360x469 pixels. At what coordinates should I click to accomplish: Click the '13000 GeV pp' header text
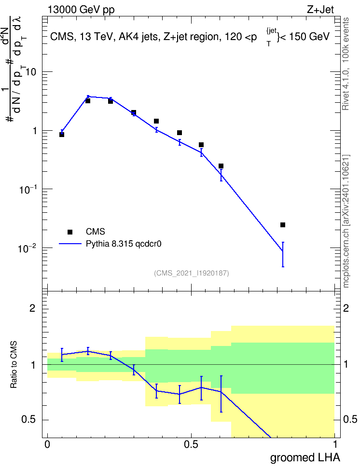tap(81, 10)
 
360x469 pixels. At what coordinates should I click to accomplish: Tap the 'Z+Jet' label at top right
tap(320, 10)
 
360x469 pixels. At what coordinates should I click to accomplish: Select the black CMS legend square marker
tap(70, 232)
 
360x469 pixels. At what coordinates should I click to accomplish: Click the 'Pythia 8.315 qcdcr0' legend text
tap(124, 244)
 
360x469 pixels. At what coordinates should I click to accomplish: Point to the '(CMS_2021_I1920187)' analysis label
tap(192, 273)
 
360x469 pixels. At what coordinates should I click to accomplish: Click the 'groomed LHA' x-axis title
tap(305, 457)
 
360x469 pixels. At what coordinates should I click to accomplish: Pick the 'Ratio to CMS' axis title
tap(14, 365)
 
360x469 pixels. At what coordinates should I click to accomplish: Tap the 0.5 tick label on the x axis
tap(191, 444)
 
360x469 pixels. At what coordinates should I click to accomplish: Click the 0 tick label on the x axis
tap(47, 444)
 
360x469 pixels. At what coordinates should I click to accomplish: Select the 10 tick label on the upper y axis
tap(30, 72)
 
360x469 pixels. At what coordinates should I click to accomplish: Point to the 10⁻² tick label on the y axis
tap(27, 248)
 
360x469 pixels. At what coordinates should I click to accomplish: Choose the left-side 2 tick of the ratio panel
tap(32, 308)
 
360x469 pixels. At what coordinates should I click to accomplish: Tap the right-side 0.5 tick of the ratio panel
tap(350, 419)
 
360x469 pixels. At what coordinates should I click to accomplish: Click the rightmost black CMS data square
tap(283, 225)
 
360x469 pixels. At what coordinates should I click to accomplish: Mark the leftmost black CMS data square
tap(62, 135)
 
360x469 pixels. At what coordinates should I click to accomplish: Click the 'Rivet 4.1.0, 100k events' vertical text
tap(346, 64)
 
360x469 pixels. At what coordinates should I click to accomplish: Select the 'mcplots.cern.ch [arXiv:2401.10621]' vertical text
tap(346, 221)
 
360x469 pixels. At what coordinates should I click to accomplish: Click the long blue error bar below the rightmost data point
tap(283, 254)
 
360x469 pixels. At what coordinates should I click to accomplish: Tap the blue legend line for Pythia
tap(70, 244)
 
